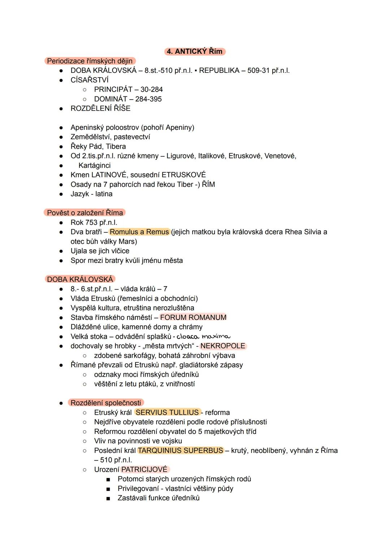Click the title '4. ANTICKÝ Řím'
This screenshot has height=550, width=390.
point(195,51)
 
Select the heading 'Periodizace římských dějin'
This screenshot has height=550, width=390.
point(90,61)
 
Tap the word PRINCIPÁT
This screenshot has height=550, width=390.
point(111,89)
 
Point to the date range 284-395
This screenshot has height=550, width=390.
point(148,99)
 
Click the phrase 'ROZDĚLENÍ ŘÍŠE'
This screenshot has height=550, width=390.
point(100,108)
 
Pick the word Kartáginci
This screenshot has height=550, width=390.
point(95,166)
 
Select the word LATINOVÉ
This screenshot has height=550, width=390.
point(109,175)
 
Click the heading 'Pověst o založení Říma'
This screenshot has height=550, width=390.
point(85,213)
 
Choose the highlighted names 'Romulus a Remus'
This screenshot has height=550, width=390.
point(139,232)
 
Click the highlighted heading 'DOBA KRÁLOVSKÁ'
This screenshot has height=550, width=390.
point(80,279)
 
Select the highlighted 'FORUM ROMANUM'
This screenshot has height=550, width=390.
point(193,317)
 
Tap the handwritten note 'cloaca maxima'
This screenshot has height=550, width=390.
point(203,336)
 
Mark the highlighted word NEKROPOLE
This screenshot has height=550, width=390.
point(223,346)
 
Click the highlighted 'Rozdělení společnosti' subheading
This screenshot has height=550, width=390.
point(106,403)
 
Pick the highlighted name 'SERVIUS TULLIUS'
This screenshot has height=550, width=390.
point(167,412)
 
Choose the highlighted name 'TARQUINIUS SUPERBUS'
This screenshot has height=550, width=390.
point(181,450)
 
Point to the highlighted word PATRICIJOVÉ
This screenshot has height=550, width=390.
point(144,469)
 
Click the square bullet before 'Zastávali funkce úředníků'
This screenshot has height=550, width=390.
point(108,498)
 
